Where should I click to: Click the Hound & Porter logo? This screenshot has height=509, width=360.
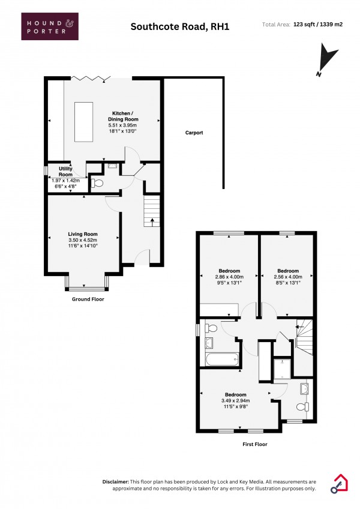(50, 26)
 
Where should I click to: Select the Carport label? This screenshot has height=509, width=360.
(194, 132)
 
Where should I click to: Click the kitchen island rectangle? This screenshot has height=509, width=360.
(84, 122)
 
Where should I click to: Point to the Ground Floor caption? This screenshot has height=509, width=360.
(88, 299)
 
